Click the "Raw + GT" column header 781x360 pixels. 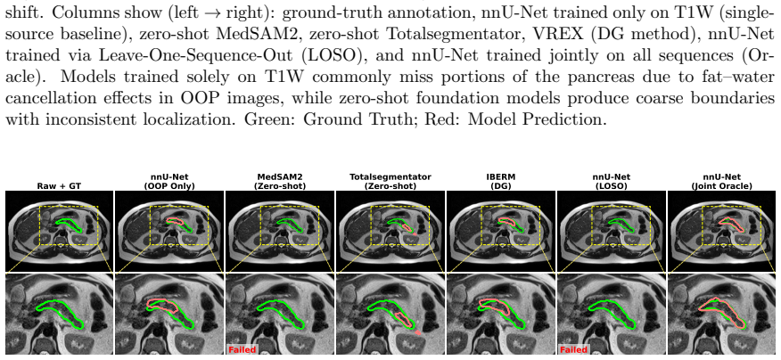pyautogui.click(x=60, y=186)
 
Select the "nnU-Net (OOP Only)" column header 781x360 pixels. pyautogui.click(x=170, y=181)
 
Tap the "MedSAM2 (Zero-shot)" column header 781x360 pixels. pyautogui.click(x=281, y=181)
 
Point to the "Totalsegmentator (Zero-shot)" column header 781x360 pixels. pyautogui.click(x=391, y=181)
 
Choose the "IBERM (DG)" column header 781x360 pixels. pyautogui.click(x=501, y=181)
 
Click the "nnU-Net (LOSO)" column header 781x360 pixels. pyautogui.click(x=612, y=181)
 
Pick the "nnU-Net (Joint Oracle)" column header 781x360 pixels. pyautogui.click(x=722, y=181)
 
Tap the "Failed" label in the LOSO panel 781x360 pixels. pyautogui.click(x=573, y=350)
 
